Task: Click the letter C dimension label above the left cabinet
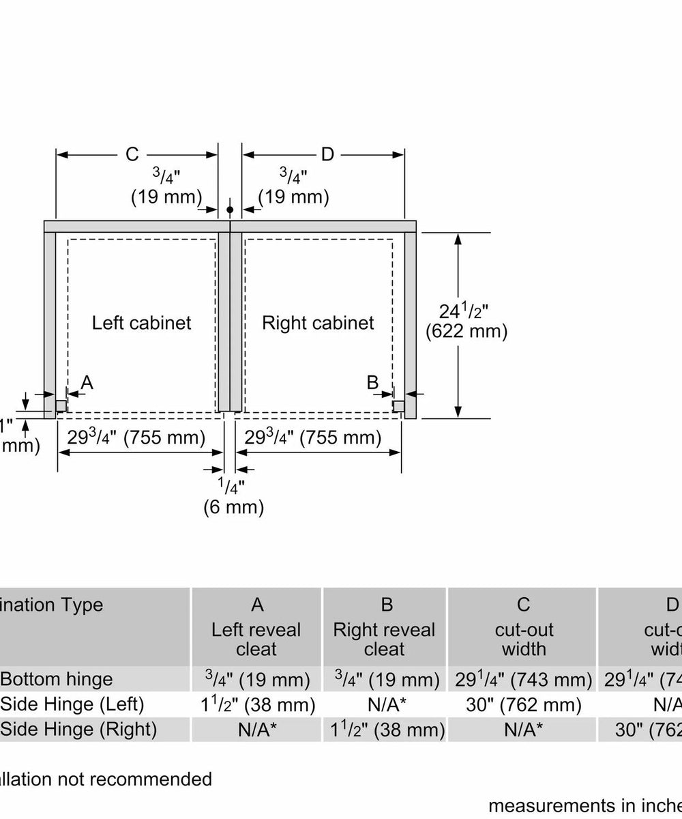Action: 132,155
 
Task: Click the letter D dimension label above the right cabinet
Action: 327,155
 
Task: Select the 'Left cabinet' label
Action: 142,322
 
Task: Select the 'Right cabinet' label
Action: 318,322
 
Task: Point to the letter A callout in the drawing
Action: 87,383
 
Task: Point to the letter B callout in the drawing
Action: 372,382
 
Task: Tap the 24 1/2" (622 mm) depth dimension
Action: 466,321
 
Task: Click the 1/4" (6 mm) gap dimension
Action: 233,496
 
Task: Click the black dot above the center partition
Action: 230,209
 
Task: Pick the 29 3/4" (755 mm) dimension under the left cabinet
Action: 136,437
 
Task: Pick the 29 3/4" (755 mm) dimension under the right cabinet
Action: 313,437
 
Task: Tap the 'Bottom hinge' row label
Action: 57,679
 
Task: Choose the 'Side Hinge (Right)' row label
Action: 78,729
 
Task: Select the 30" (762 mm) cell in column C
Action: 524,704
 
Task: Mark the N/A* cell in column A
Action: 256,730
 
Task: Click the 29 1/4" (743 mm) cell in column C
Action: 524,680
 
